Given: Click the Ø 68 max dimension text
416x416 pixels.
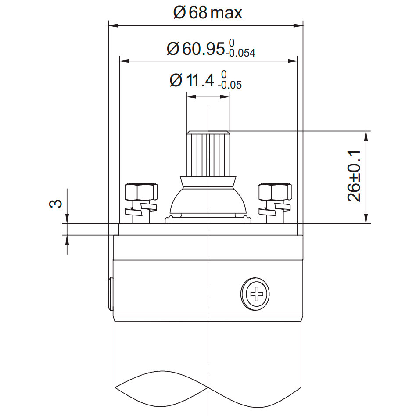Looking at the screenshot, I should (x=208, y=12).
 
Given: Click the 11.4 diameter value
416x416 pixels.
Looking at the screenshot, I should (x=201, y=81).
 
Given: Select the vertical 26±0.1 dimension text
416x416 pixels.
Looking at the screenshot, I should (x=354, y=176).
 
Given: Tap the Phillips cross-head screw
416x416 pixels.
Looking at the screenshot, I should (x=255, y=292).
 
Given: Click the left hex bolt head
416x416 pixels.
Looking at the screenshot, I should (x=140, y=192).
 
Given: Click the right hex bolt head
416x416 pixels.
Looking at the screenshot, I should (x=275, y=192).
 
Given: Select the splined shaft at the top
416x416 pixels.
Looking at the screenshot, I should (x=208, y=154).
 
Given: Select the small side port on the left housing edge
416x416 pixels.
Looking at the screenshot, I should (x=110, y=293).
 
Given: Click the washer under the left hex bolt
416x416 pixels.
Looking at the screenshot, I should (x=140, y=208).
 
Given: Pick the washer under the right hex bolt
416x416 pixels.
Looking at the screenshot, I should (x=274, y=208).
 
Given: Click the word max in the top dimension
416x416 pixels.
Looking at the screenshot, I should (x=226, y=13).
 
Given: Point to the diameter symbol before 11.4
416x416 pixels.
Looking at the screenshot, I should (x=175, y=81).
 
